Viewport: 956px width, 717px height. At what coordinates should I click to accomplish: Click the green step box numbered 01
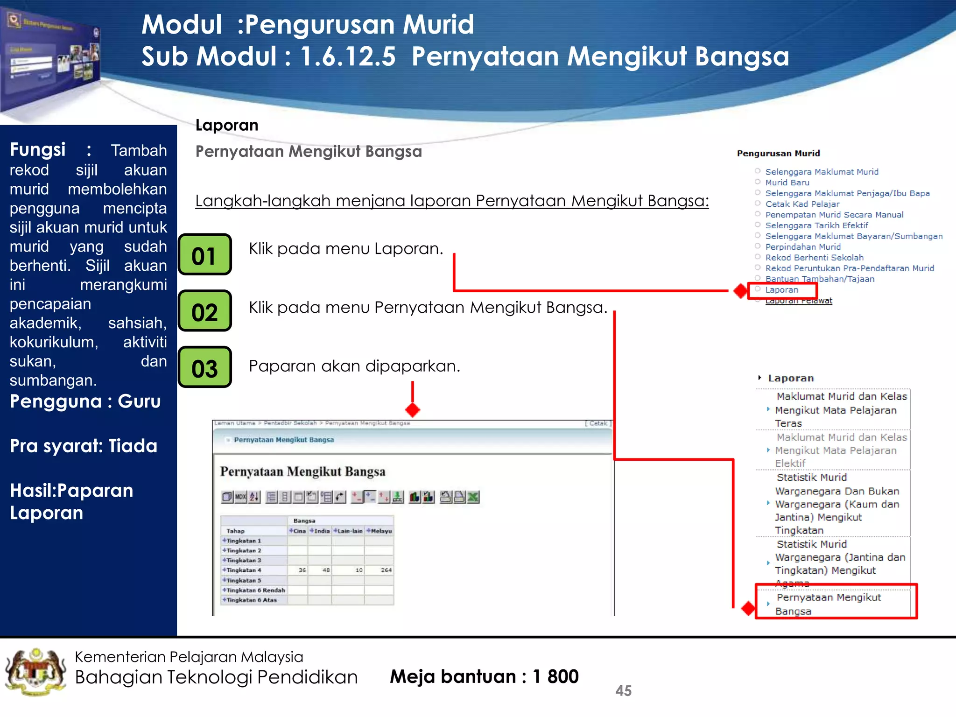coord(204,255)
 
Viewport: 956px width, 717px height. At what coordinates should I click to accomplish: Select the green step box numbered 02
coord(204,311)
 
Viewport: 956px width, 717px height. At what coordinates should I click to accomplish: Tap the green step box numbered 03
coord(204,368)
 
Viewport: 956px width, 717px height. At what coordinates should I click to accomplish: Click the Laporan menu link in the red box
coord(781,290)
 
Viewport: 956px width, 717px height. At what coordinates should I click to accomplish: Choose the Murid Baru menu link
coord(787,183)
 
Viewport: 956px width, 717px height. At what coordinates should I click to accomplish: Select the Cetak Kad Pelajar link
coord(802,204)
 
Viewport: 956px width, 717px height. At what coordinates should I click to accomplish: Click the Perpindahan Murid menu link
coord(803,247)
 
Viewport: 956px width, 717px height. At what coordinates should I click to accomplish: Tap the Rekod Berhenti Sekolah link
coord(814,258)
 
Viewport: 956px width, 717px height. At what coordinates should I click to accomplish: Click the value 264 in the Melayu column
coord(386,570)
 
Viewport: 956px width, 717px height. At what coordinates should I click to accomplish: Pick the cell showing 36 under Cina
coord(302,570)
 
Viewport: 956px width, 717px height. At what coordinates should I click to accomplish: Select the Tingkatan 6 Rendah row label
coord(255,590)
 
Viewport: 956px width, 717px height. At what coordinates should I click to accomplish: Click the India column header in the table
coord(321,531)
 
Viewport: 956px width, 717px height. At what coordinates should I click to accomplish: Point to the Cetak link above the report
coord(598,423)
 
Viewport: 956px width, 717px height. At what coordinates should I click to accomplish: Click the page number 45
coord(623,690)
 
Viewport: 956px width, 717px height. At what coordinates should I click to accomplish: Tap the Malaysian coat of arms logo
coord(35,672)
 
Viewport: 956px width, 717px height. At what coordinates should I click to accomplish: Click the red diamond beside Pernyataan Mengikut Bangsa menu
coord(748,608)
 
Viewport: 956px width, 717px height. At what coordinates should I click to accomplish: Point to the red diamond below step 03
coord(412,410)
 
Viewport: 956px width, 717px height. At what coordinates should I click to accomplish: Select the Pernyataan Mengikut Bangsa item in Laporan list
coord(827,604)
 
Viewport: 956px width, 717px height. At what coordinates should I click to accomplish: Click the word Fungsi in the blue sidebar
coord(38,150)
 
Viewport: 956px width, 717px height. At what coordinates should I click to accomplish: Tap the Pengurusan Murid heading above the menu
coord(778,153)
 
